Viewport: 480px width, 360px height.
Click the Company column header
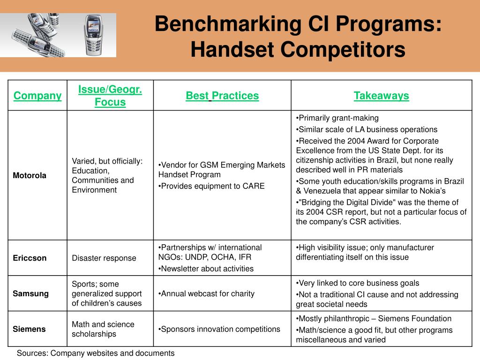tap(37, 96)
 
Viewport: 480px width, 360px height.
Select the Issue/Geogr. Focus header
tap(110, 96)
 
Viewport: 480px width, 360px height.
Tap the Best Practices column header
tap(222, 96)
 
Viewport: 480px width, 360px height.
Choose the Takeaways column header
tap(381, 96)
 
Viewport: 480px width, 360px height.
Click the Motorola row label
tap(30, 175)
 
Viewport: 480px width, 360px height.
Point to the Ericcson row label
tap(30, 258)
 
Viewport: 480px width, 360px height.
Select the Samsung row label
tap(30, 293)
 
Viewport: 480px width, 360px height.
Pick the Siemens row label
tap(29, 329)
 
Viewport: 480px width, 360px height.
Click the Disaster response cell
tap(104, 258)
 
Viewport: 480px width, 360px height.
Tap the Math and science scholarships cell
tap(103, 329)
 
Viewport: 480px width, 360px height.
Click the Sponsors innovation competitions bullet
tap(219, 329)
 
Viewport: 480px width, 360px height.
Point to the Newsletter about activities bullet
tap(206, 269)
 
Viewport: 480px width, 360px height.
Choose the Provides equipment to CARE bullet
tap(211, 186)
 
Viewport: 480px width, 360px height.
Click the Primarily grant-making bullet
tap(337, 118)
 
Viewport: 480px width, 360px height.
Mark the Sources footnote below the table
tap(96, 353)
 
